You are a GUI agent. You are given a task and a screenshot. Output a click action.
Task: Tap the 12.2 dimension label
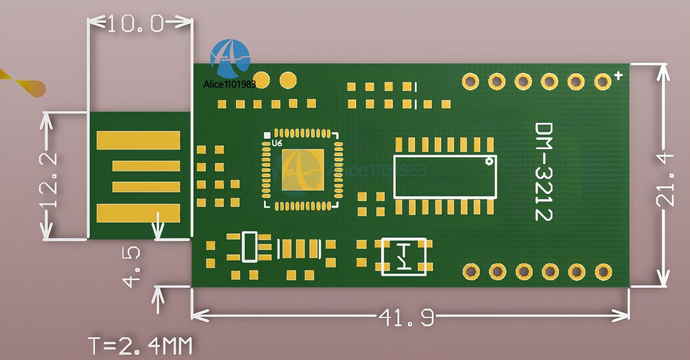tap(48, 180)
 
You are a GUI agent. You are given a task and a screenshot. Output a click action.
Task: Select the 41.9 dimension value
tap(407, 317)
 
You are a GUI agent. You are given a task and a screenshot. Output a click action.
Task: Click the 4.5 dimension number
tap(131, 267)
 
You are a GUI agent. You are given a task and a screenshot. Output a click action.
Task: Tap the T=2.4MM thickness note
tap(140, 346)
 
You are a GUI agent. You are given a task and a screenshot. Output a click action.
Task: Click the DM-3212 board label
tap(543, 171)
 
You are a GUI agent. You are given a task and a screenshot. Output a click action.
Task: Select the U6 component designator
tap(277, 143)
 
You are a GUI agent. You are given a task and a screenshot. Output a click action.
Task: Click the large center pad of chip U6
tap(303, 170)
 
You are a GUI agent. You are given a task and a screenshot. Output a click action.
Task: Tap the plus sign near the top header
tap(618, 75)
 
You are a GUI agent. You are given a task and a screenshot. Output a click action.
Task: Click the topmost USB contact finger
tap(139, 140)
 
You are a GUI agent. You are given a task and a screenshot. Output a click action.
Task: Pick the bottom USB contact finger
tap(139, 213)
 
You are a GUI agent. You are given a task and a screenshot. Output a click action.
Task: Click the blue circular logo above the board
tap(230, 59)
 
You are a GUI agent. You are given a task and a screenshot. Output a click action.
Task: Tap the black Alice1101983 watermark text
tap(229, 84)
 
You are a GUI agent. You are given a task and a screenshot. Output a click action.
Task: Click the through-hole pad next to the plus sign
tap(603, 82)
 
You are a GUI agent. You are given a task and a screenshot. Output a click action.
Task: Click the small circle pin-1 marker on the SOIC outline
tap(489, 162)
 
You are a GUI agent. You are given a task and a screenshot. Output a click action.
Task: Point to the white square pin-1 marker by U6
tap(267, 135)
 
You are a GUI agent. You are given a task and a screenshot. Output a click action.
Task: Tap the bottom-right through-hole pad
tap(603, 272)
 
